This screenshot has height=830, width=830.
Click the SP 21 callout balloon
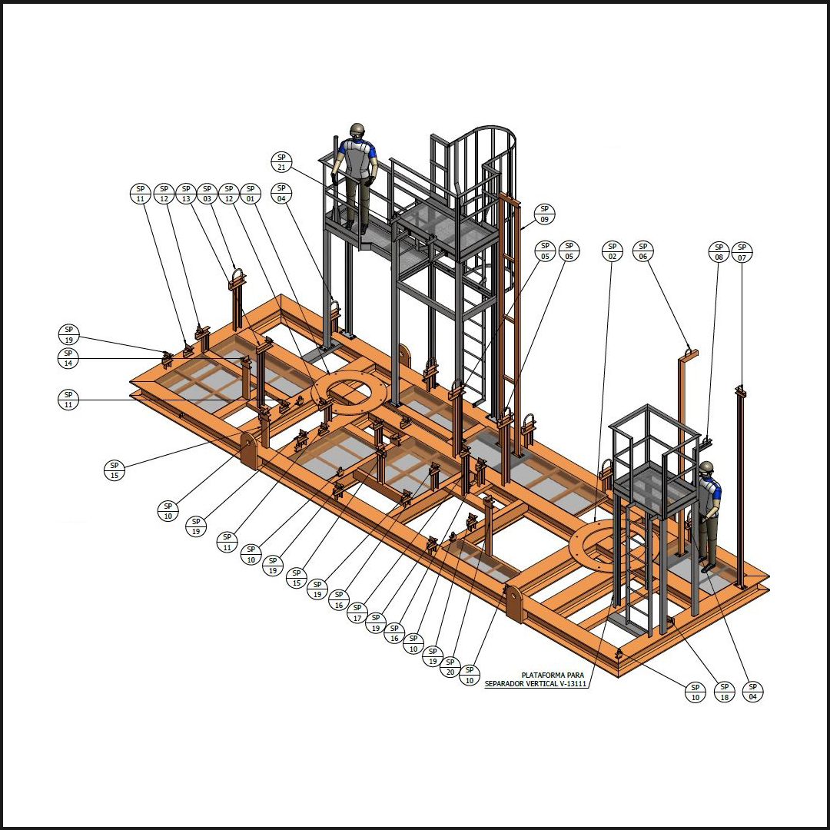click(281, 162)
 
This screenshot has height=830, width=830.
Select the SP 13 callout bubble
click(186, 194)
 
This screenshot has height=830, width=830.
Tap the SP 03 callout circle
click(207, 194)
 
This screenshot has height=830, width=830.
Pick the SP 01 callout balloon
click(251, 194)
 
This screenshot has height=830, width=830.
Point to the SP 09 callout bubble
click(545, 214)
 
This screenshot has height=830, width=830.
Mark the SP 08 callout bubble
click(719, 252)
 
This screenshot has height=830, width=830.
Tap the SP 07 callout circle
click(742, 252)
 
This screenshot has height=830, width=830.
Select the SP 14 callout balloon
click(68, 358)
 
